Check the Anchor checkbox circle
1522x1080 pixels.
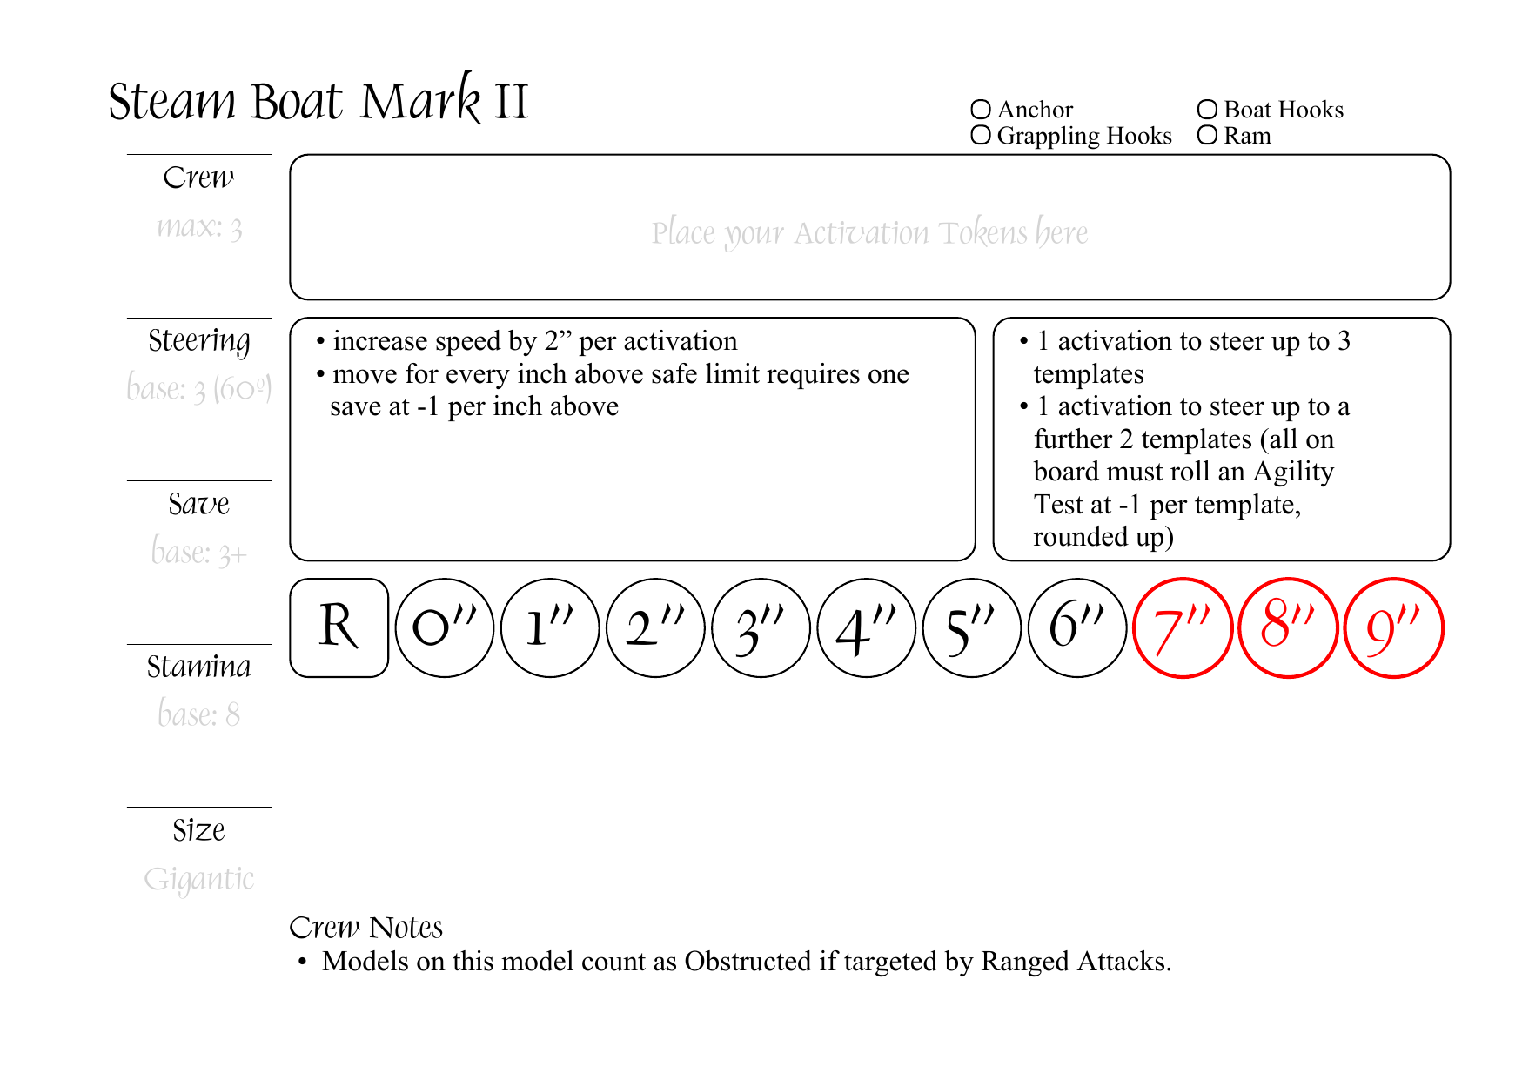(981, 110)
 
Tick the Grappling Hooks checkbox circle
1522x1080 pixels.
(981, 136)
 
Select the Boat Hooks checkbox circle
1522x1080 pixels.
(1207, 110)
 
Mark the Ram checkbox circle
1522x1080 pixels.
(1207, 136)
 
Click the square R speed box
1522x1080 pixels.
(339, 627)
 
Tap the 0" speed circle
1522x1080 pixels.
(445, 627)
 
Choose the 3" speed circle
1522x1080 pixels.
(761, 627)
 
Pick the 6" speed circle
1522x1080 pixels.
(1077, 627)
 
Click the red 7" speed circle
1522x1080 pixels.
(1183, 627)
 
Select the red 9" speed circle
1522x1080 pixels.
(1394, 627)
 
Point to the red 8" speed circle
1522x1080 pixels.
(1288, 627)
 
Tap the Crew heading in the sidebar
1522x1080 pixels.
(198, 178)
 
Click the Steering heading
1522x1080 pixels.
(198, 341)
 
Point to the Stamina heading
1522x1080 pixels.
(198, 667)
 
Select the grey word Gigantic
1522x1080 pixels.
(198, 880)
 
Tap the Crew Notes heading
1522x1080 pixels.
(365, 928)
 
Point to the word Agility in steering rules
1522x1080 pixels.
(1293, 472)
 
